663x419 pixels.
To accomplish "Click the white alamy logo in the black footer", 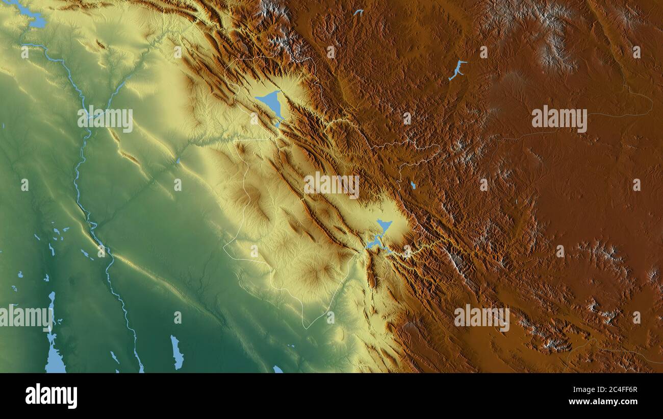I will point(52,396).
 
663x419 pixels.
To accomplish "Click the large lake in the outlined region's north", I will point(270,103).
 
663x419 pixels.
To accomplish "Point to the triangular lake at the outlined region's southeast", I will point(384,226).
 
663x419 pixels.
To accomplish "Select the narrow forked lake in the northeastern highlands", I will point(457,69).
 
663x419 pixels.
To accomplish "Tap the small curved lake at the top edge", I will point(359,12).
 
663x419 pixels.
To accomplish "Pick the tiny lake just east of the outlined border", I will point(413,185).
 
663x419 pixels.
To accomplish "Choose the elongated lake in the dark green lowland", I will point(176,352).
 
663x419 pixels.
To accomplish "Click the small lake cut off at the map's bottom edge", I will point(277,369).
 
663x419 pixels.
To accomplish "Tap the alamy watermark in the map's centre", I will point(331,185).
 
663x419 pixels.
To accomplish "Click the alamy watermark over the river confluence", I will point(106,118).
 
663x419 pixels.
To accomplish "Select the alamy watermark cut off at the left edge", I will point(25,316).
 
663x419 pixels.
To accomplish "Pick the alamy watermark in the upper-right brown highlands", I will point(559,118).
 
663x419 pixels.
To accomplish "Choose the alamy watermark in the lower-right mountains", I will point(481,316).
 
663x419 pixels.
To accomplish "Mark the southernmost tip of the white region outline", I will point(305,328).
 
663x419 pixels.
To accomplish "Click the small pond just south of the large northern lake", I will point(277,124).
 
